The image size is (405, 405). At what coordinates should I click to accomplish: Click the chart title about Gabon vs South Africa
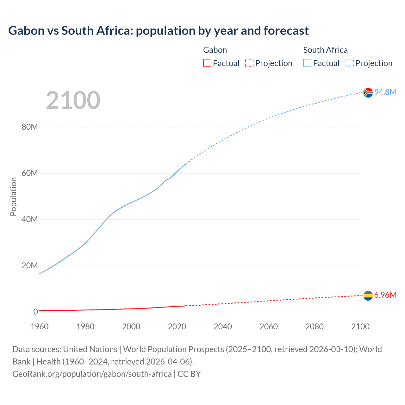[158, 31]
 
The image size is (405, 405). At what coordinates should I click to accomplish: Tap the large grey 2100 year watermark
[73, 100]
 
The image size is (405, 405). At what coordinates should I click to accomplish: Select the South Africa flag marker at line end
[368, 93]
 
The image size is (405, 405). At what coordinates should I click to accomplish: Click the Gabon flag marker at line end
[368, 296]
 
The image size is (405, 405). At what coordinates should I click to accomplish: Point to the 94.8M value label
[385, 92]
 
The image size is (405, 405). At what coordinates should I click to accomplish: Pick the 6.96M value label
[385, 295]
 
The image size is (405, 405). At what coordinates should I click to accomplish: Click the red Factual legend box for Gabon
[207, 63]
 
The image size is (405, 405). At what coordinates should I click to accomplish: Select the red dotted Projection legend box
[249, 63]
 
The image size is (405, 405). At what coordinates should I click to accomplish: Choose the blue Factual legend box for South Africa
[307, 63]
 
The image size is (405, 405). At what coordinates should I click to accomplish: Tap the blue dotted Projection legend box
[350, 63]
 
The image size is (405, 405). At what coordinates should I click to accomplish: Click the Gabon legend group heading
[215, 50]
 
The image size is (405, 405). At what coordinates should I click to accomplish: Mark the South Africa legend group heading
[325, 50]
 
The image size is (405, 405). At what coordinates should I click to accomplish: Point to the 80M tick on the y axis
[30, 127]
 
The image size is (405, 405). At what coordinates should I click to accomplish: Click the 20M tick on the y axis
[30, 265]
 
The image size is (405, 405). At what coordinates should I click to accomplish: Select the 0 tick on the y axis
[35, 312]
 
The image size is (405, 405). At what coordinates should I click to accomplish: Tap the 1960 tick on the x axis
[40, 327]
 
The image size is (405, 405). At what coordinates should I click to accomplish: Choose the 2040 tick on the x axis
[223, 327]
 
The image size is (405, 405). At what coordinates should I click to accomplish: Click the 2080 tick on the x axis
[315, 327]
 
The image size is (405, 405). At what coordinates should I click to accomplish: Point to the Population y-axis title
[13, 196]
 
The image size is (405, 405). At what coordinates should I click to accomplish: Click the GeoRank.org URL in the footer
[92, 374]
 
